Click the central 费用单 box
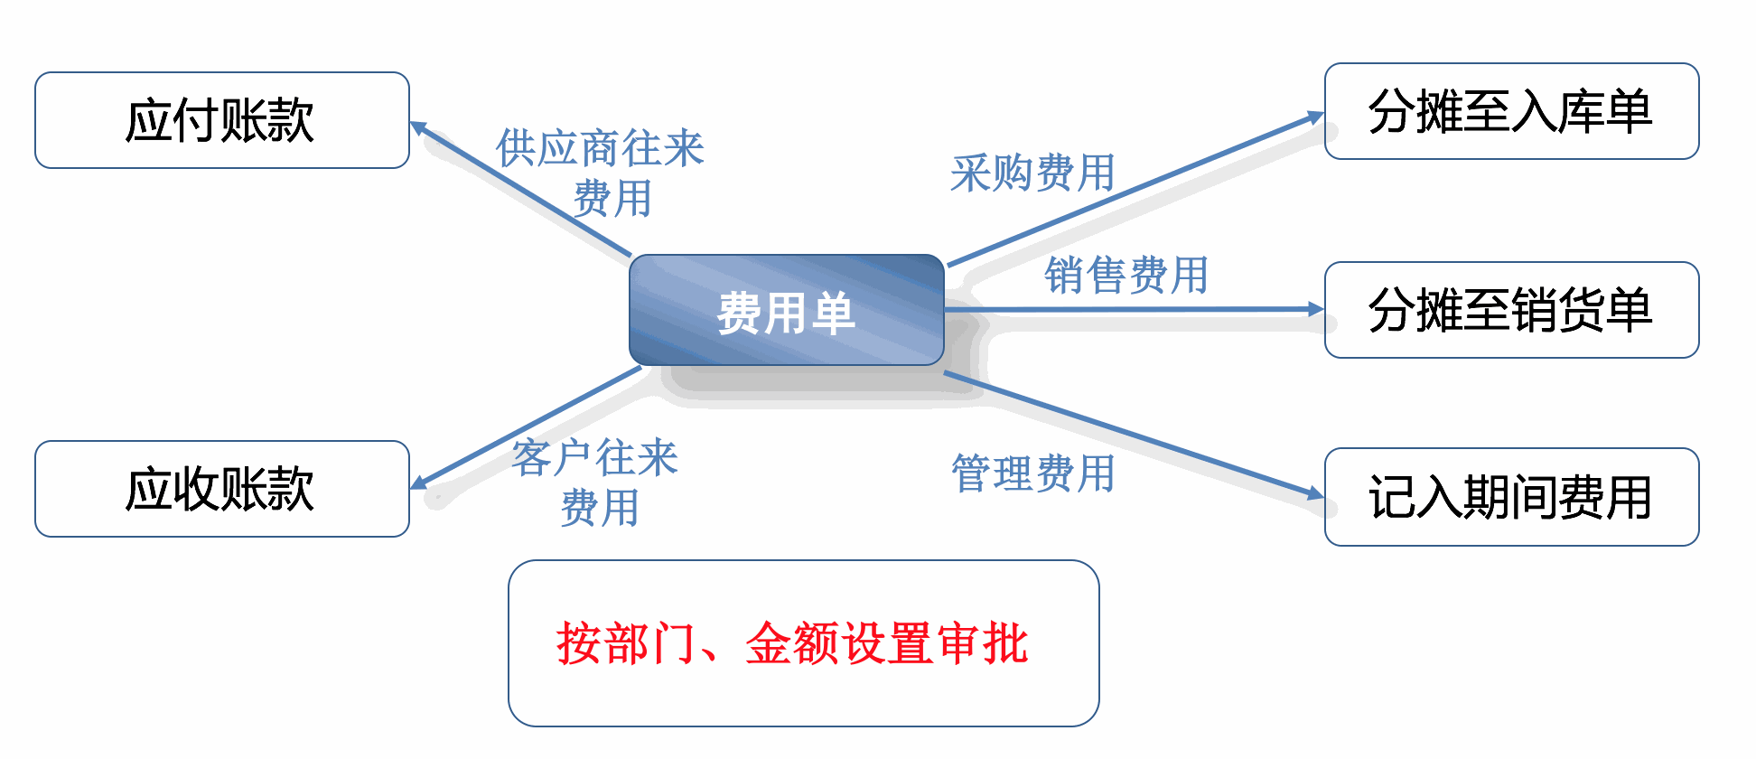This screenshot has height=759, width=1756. (x=787, y=310)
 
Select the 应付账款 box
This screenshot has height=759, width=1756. (x=222, y=120)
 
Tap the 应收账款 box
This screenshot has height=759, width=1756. (x=222, y=489)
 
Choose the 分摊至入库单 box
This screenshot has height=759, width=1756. (x=1511, y=111)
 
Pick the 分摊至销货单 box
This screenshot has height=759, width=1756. (x=1511, y=310)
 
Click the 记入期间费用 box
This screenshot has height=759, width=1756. (x=1511, y=497)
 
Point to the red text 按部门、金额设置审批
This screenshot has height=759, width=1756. (x=792, y=643)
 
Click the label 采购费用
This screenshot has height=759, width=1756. (x=1032, y=173)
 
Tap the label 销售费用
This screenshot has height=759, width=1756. (x=1126, y=275)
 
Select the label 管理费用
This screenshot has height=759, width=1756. (x=1033, y=473)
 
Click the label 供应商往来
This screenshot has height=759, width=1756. (x=600, y=147)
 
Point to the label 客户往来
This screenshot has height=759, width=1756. (x=595, y=457)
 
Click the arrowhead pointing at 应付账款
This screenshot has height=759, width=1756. (x=419, y=127)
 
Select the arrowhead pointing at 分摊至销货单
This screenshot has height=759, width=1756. (x=1316, y=309)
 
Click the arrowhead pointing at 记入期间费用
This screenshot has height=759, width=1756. (x=1316, y=493)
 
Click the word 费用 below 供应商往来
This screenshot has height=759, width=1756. (x=612, y=198)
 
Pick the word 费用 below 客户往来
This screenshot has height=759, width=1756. (x=600, y=507)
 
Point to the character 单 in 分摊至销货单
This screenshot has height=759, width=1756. (x=1630, y=310)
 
